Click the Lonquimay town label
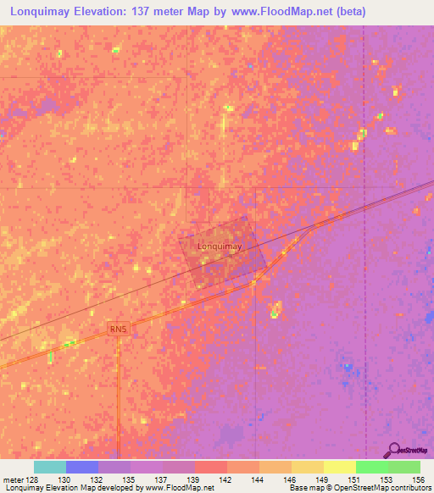(x=220, y=246)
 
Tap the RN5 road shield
(x=118, y=328)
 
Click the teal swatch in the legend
(x=49, y=467)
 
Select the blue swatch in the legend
(x=81, y=467)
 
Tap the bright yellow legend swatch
(x=339, y=467)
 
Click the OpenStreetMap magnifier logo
(x=393, y=451)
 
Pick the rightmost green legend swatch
(x=403, y=467)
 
